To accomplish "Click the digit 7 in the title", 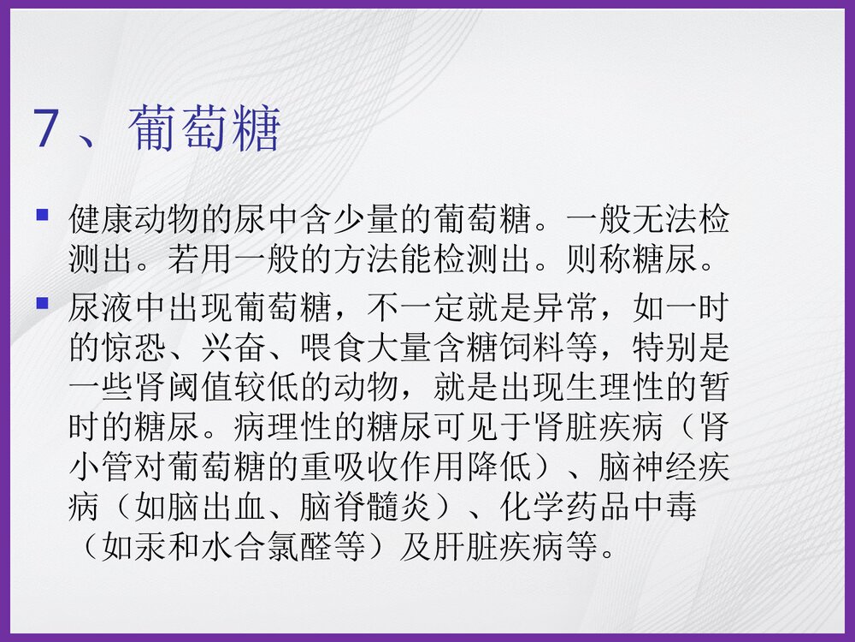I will click(x=46, y=130).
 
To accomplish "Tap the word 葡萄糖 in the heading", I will click(x=205, y=130).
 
